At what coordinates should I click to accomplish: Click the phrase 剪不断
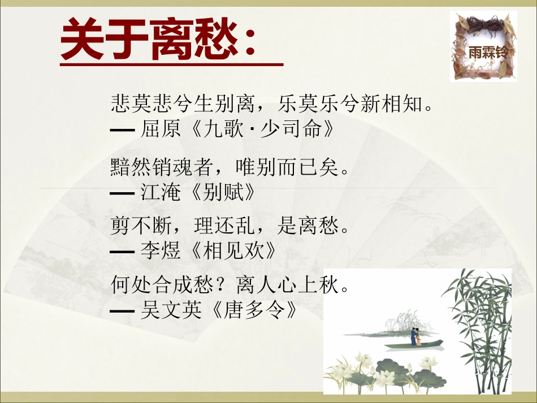pos(138,227)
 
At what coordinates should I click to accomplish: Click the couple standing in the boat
pos(416,336)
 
